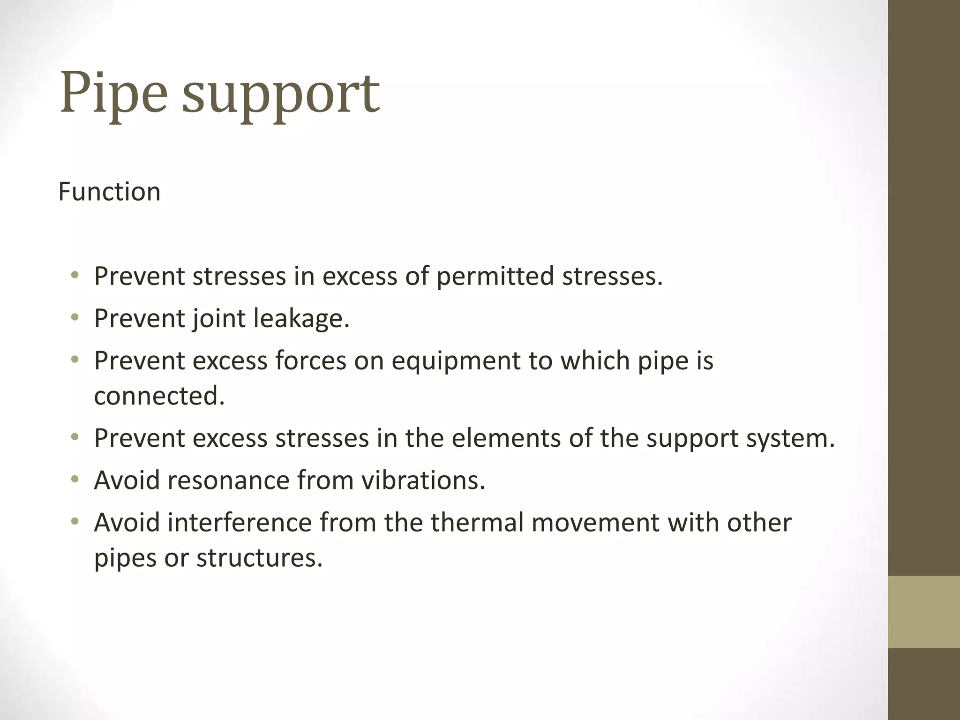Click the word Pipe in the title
point(113,93)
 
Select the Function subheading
point(109,192)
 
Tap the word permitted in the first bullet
point(495,276)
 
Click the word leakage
point(301,319)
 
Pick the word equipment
point(456,361)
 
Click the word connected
point(159,396)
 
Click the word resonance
point(228,480)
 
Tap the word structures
point(260,558)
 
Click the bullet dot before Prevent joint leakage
point(75,318)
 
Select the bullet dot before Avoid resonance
point(75,480)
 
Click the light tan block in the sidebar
point(924,612)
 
